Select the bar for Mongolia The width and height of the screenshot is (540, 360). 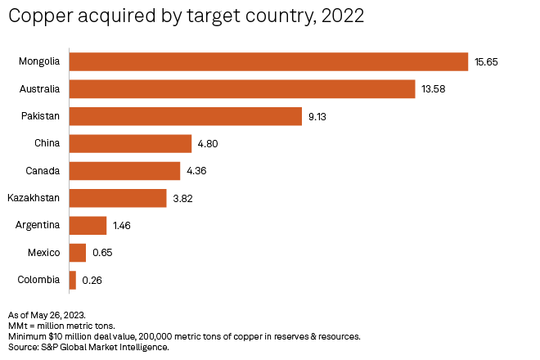268,61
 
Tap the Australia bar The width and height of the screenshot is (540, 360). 242,88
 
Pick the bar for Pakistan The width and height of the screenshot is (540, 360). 186,116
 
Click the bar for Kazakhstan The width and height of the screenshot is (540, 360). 118,198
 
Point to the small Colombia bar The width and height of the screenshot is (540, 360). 73,280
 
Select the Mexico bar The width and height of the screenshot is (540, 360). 78,253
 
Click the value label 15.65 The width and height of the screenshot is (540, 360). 487,62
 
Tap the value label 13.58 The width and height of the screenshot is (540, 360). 434,89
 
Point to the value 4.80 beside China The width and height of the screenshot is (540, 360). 208,144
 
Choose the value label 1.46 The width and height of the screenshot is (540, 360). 123,226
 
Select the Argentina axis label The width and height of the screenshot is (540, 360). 38,225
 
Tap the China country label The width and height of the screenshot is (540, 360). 47,143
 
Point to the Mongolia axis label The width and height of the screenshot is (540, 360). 39,61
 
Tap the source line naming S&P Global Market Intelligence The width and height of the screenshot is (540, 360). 88,348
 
